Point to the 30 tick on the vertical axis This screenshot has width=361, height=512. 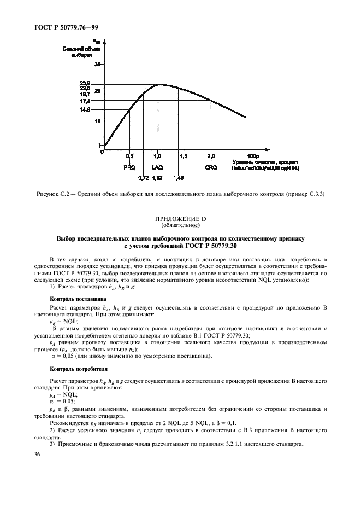(98, 64)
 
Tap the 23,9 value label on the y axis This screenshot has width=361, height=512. (85, 83)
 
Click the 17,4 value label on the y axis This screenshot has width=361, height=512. (85, 101)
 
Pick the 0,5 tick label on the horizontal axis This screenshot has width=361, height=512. (129, 156)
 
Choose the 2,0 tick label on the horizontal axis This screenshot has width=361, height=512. (211, 156)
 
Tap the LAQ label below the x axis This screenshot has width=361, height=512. (157, 167)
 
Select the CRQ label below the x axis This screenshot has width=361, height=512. (211, 167)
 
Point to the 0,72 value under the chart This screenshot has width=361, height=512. (144, 178)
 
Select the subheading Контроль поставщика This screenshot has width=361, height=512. (74, 299)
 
